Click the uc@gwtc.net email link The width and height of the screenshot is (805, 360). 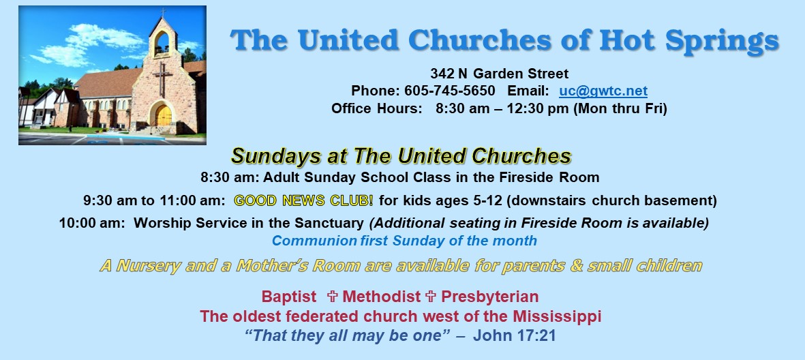603,91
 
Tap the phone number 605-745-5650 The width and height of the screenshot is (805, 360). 450,91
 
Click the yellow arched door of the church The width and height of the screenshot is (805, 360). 164,115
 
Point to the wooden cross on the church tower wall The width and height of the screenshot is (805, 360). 163,78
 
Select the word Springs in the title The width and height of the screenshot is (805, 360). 722,41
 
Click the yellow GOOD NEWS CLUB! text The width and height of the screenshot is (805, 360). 304,200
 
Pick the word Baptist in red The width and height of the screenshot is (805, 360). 289,297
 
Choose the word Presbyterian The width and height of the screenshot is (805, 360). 490,297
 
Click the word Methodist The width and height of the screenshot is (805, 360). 382,297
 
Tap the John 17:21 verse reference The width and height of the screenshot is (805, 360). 515,336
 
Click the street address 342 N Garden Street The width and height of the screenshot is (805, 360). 499,74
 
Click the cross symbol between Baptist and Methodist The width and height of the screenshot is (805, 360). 332,297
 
